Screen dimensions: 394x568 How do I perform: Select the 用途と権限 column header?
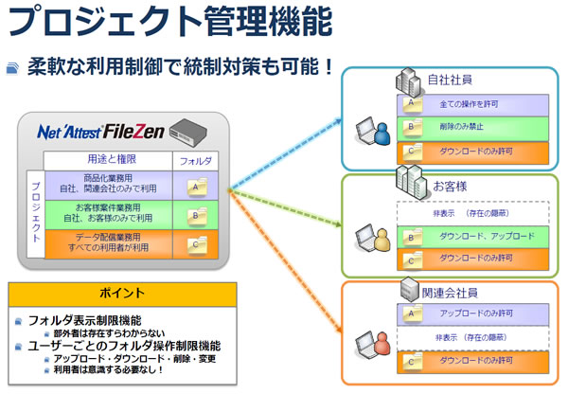(x=108, y=161)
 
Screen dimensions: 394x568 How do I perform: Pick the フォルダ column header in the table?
(x=195, y=161)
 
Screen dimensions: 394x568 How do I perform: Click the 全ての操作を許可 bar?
(x=471, y=103)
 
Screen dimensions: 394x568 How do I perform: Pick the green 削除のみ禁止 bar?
(x=471, y=126)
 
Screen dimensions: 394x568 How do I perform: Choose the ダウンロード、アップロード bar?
(x=471, y=236)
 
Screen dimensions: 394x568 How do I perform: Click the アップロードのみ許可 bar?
(x=471, y=313)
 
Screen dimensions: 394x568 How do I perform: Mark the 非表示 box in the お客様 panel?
(x=471, y=213)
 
